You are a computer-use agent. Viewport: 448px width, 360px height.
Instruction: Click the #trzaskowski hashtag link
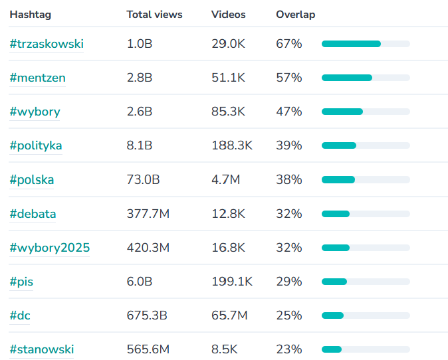(x=47, y=44)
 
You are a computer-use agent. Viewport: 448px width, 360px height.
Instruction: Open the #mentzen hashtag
(x=37, y=78)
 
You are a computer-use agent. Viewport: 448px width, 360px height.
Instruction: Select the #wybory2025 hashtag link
(x=49, y=248)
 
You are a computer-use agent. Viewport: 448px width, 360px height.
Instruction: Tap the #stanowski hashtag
(x=41, y=349)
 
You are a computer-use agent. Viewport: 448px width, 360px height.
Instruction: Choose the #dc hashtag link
(x=20, y=315)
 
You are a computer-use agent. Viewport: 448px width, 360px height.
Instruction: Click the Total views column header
(x=154, y=15)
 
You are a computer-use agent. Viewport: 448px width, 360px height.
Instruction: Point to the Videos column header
(x=228, y=15)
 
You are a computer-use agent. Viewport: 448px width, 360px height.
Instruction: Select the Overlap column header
(x=295, y=15)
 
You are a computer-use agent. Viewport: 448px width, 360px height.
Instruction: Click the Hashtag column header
(x=30, y=15)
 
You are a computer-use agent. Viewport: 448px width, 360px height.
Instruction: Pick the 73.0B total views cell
(x=142, y=180)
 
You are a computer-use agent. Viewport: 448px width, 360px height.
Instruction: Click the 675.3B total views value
(x=146, y=315)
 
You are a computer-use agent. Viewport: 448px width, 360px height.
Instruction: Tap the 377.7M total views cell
(x=148, y=214)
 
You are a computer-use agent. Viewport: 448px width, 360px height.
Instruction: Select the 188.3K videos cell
(x=231, y=145)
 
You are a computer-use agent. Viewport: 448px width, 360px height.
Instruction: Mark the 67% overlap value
(x=288, y=44)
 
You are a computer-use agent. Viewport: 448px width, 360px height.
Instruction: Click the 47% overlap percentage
(x=288, y=112)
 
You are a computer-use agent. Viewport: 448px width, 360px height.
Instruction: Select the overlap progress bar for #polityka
(x=366, y=145)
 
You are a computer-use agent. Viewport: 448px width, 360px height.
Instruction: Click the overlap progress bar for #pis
(x=366, y=282)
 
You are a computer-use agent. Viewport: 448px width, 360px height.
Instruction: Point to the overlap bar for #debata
(x=366, y=214)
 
